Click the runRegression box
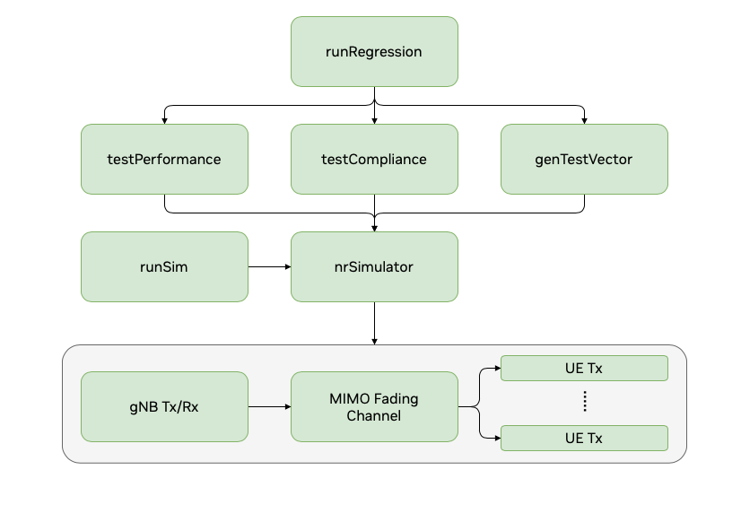coord(374,52)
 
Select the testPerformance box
coord(164,159)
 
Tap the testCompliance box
coord(374,159)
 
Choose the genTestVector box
coord(584,159)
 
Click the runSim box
coord(164,266)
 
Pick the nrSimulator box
coord(374,266)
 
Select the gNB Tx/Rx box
coord(164,406)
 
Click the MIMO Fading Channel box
coord(374,406)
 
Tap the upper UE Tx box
coord(584,368)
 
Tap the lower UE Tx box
coord(584,438)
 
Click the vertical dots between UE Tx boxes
coord(584,402)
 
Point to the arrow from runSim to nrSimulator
coord(269,266)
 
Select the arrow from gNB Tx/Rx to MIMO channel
coord(269,406)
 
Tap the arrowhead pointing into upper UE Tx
coord(496,368)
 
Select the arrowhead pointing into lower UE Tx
coord(496,438)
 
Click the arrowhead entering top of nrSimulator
coord(374,228)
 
